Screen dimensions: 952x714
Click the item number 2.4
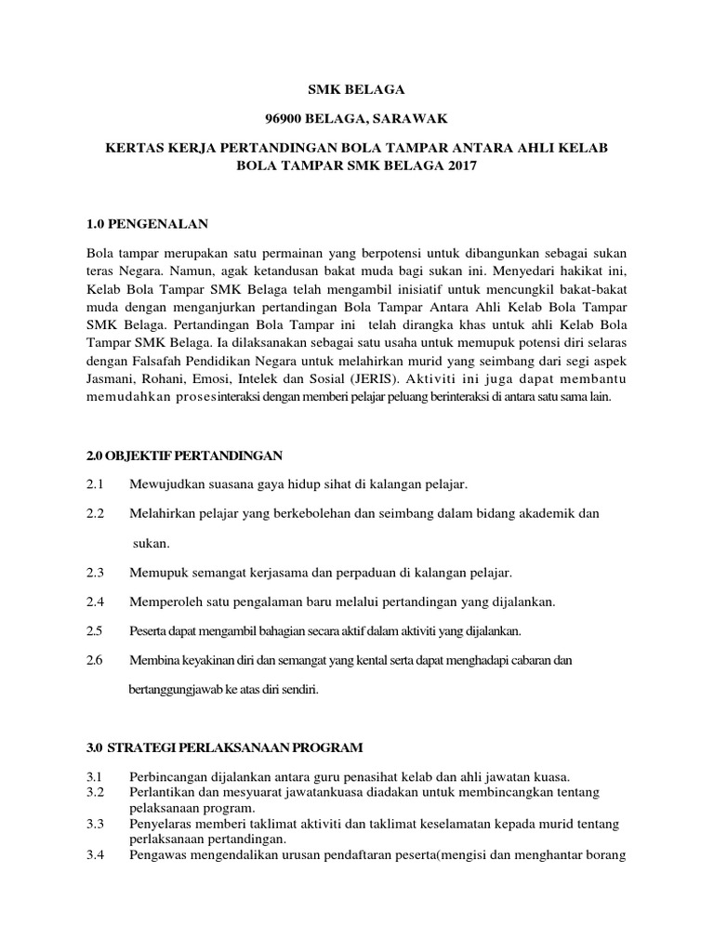pyautogui.click(x=95, y=602)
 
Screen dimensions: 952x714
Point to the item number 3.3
pyautogui.click(x=95, y=823)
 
